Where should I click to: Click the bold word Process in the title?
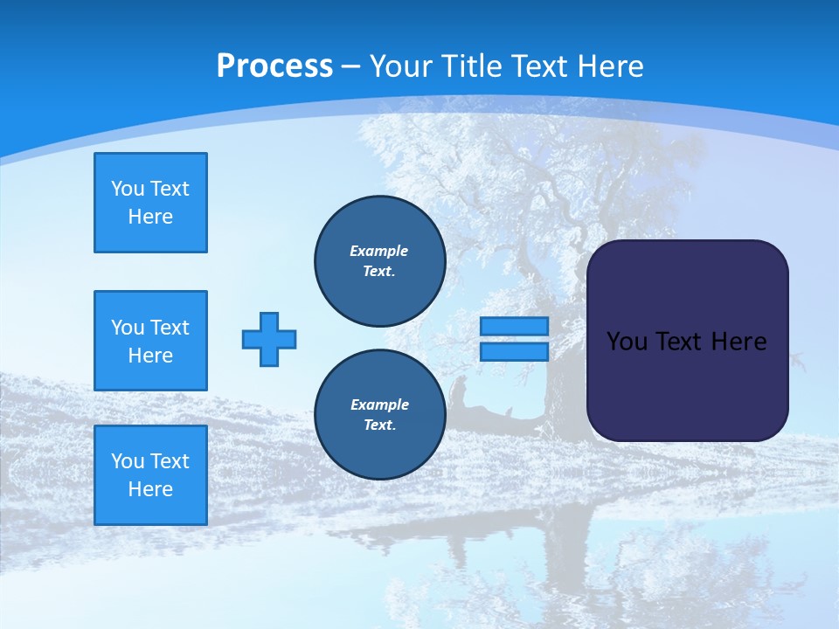(274, 66)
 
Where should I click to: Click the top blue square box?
(150, 203)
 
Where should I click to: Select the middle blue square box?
(150, 341)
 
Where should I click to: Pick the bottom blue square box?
(150, 475)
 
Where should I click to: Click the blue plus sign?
(269, 339)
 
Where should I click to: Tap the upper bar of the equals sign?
(514, 326)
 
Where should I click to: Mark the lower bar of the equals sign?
(514, 352)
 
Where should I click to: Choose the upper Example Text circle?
(379, 260)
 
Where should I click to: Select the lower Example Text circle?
(379, 414)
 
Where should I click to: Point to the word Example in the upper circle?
(379, 251)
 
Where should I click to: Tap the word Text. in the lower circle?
(379, 425)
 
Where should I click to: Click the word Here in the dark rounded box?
(739, 342)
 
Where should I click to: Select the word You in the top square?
(128, 189)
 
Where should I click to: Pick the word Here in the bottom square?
(150, 489)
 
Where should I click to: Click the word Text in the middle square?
(170, 328)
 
